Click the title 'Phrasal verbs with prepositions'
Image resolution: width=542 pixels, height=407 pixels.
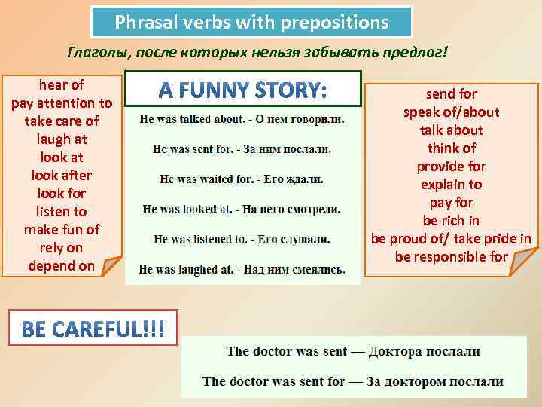[251, 23]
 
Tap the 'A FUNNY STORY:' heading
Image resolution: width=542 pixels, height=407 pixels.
[243, 91]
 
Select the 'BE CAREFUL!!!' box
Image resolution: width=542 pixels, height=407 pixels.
[93, 329]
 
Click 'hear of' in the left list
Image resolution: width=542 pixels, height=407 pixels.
[62, 84]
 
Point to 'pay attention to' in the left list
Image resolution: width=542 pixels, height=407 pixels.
[62, 103]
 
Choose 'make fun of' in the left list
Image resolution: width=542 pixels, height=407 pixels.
[62, 229]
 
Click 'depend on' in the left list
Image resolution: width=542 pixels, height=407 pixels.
[62, 265]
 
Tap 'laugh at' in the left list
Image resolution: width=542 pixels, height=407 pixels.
[62, 139]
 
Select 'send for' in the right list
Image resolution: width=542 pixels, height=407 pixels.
[452, 94]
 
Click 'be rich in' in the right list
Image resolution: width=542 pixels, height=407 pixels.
[452, 221]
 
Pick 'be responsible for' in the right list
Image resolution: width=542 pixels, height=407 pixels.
[452, 257]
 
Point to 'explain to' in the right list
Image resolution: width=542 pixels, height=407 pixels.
[452, 185]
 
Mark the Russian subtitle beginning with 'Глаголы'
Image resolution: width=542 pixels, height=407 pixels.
[257, 54]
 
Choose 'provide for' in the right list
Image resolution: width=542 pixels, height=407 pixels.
[452, 167]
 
